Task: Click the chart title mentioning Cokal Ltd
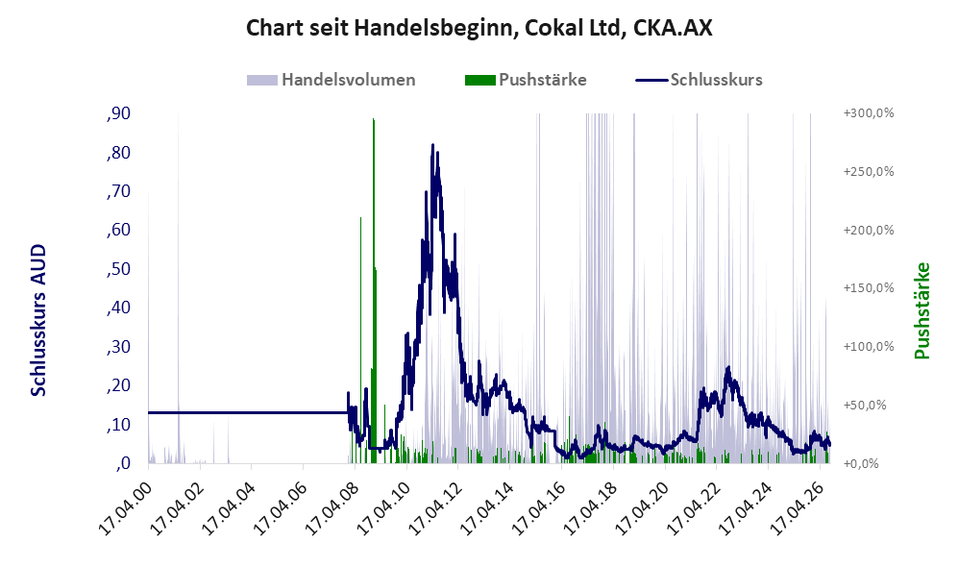point(479,28)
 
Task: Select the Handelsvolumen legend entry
point(332,80)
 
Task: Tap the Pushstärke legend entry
point(526,80)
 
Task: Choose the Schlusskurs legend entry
point(699,80)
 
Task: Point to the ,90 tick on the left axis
point(118,113)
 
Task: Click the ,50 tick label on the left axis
point(118,269)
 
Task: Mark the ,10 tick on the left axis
point(118,425)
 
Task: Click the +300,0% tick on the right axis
point(869,113)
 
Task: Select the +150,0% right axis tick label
point(869,287)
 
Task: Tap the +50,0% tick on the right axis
point(865,406)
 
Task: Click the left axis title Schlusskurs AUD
point(38,320)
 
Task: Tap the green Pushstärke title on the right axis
point(921,311)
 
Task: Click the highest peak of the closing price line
point(432,145)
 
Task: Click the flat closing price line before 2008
point(248,413)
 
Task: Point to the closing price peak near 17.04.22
point(727,368)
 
